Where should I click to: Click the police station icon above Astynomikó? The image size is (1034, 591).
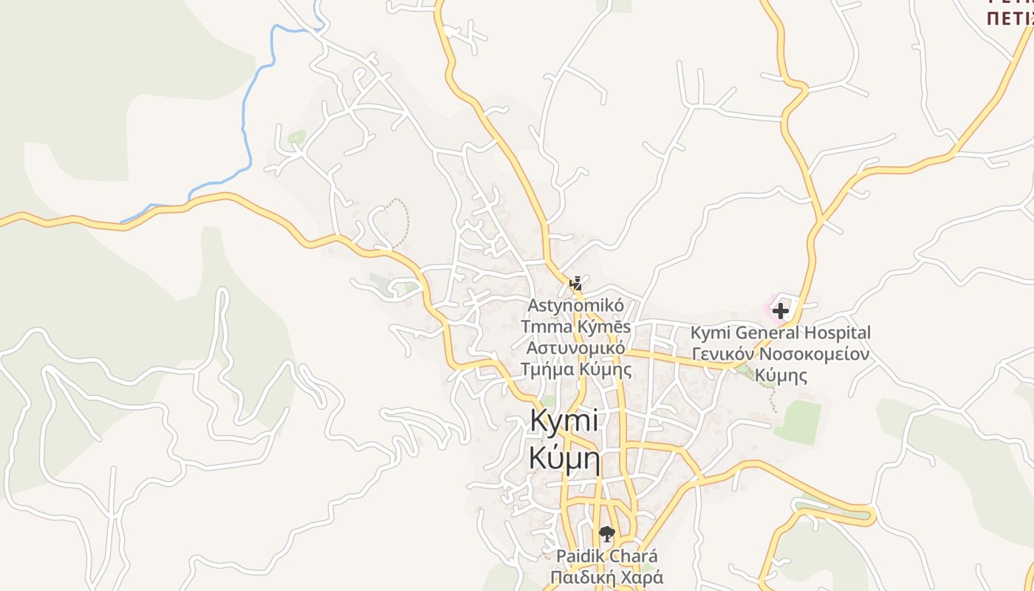pos(575,283)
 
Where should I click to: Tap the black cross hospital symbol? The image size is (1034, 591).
pos(781,311)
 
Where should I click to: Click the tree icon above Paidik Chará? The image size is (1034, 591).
pos(606,533)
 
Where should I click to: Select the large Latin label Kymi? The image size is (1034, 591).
pos(564,421)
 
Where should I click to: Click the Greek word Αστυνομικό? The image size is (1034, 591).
pos(576,348)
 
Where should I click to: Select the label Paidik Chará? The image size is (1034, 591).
pos(606,556)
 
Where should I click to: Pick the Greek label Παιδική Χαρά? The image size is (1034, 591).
pos(606,576)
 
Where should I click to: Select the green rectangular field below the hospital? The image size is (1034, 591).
pos(798,423)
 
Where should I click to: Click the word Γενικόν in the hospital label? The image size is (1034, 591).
pos(722,354)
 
